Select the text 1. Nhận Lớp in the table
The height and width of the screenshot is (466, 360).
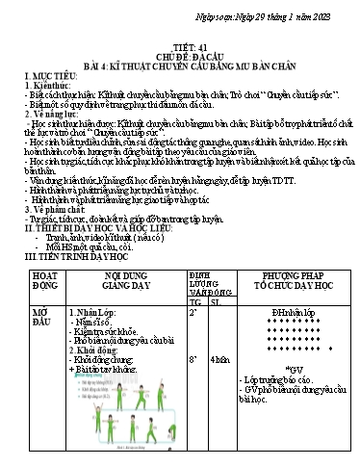coord(94,314)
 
